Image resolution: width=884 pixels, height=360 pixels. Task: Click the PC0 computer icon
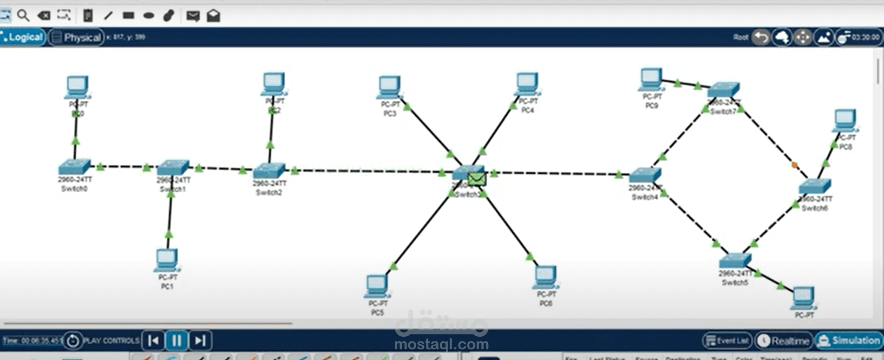pos(77,86)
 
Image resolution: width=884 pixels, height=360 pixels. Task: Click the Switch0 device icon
pos(74,166)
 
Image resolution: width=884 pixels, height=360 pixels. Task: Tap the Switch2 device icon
pos(269,170)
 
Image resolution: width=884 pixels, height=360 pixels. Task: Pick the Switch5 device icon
pos(735,260)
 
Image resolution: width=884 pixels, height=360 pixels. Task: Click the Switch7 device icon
pos(723,89)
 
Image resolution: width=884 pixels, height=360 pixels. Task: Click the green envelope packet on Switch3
pos(477,179)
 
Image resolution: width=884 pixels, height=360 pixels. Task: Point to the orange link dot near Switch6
pos(794,165)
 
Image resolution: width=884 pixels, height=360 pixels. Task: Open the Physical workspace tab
pos(77,38)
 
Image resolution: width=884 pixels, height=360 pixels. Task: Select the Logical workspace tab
pos(23,37)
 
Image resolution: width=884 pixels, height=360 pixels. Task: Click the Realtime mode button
pos(785,341)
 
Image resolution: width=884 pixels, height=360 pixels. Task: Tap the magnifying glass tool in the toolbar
pos(23,16)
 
